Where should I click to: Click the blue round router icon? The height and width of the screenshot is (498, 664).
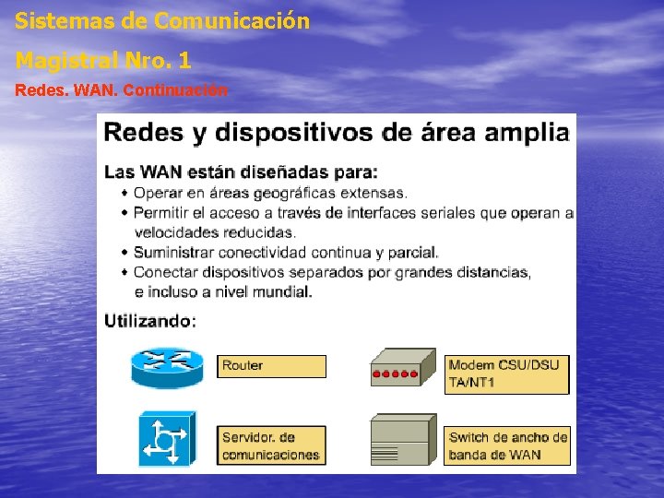click(166, 367)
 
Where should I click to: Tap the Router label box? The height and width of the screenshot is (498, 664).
click(271, 366)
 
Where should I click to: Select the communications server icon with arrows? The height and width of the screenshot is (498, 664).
click(166, 439)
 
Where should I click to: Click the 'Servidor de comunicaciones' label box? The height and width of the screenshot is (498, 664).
click(271, 445)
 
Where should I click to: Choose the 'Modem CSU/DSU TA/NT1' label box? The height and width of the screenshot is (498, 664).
click(507, 373)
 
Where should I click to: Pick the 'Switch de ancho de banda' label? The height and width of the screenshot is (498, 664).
click(507, 445)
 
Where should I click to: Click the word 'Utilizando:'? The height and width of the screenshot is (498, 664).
click(149, 321)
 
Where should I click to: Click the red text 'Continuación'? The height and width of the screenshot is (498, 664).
click(174, 90)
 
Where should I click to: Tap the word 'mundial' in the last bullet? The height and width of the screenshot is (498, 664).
click(282, 291)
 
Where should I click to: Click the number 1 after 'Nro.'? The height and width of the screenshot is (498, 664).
click(185, 61)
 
